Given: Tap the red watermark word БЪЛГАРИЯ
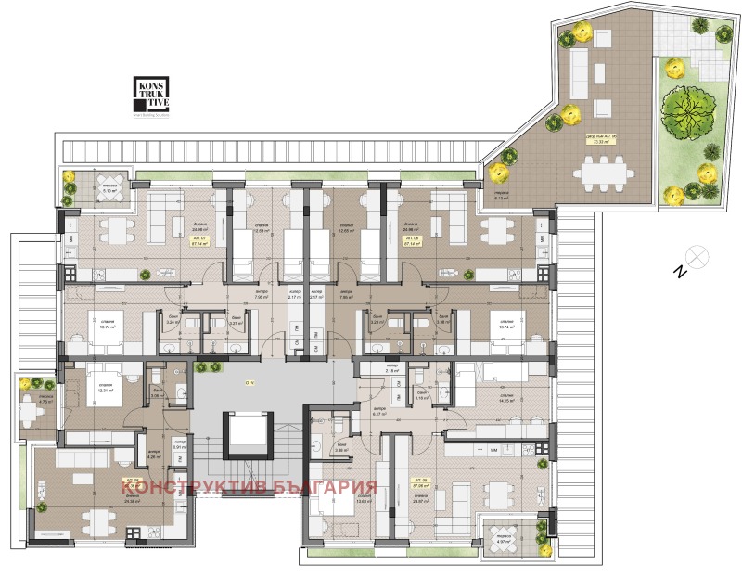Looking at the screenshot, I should (x=325, y=487).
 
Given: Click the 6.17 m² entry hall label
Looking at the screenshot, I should (x=378, y=412).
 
